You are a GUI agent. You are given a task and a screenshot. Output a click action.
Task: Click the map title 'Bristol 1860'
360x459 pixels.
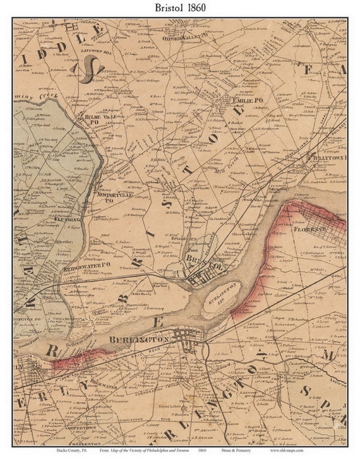179,8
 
